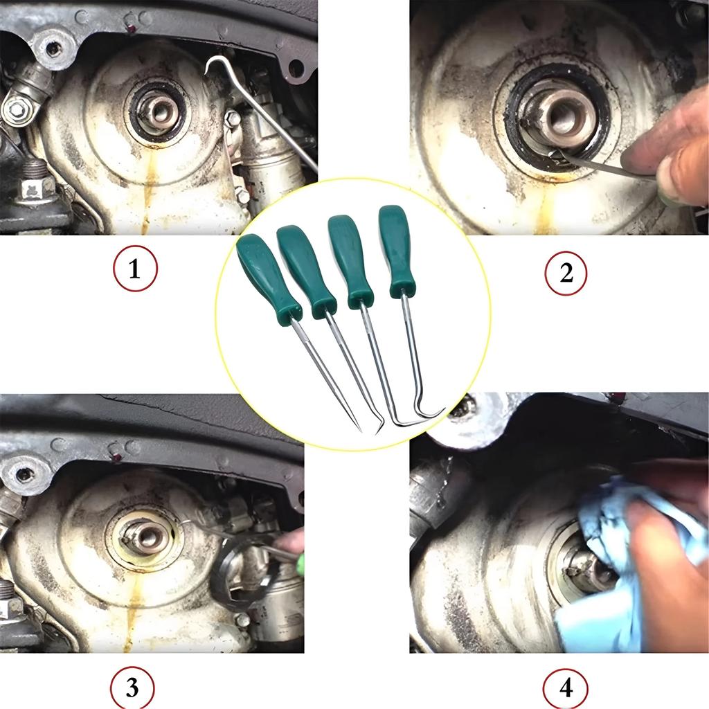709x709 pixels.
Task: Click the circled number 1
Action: coord(135,269)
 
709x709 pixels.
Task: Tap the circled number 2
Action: coord(566,273)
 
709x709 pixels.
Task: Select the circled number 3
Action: coord(132,688)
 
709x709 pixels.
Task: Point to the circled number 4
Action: coord(566,688)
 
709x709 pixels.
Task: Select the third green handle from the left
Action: coord(350,260)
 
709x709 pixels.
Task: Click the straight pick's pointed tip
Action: coord(361,431)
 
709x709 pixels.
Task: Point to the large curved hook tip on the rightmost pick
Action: coord(443,409)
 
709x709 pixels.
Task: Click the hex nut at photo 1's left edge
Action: coord(17,109)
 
